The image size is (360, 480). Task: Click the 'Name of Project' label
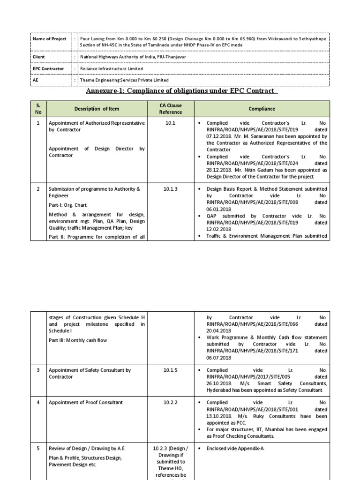(49, 39)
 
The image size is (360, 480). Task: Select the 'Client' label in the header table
(39, 57)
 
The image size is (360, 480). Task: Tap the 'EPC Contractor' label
(48, 68)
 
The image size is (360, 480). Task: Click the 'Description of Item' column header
(97, 109)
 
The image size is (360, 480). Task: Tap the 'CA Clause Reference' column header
(170, 109)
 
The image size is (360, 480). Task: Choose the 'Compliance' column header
(262, 109)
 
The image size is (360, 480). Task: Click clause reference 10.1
(170, 123)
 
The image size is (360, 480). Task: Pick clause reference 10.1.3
(170, 189)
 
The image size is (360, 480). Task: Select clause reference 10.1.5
(170, 370)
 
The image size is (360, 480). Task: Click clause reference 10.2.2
(170, 403)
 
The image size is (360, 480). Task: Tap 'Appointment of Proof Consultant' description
(86, 403)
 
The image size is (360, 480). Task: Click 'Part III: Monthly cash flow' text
(78, 340)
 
